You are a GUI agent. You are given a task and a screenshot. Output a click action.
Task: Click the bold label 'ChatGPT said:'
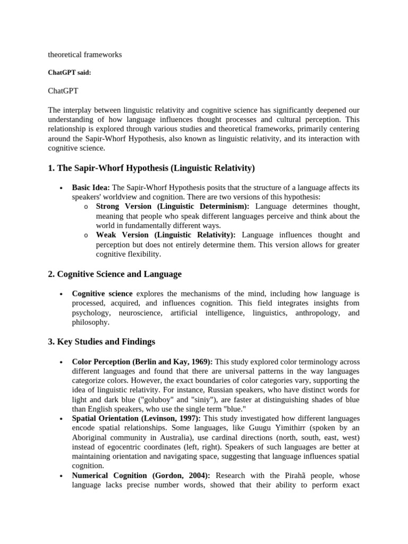pos(69,73)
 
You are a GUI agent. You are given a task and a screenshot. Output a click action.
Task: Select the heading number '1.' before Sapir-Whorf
pos(52,168)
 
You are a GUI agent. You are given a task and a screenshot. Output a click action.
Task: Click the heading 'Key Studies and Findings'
pos(106,341)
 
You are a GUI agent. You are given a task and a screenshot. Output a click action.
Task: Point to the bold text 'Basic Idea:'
pos(91,188)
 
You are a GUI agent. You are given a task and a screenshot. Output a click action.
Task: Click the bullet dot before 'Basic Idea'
pos(62,188)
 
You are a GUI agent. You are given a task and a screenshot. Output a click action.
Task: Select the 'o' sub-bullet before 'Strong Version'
pos(86,207)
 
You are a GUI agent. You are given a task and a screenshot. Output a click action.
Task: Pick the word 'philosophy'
pos(90,322)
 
